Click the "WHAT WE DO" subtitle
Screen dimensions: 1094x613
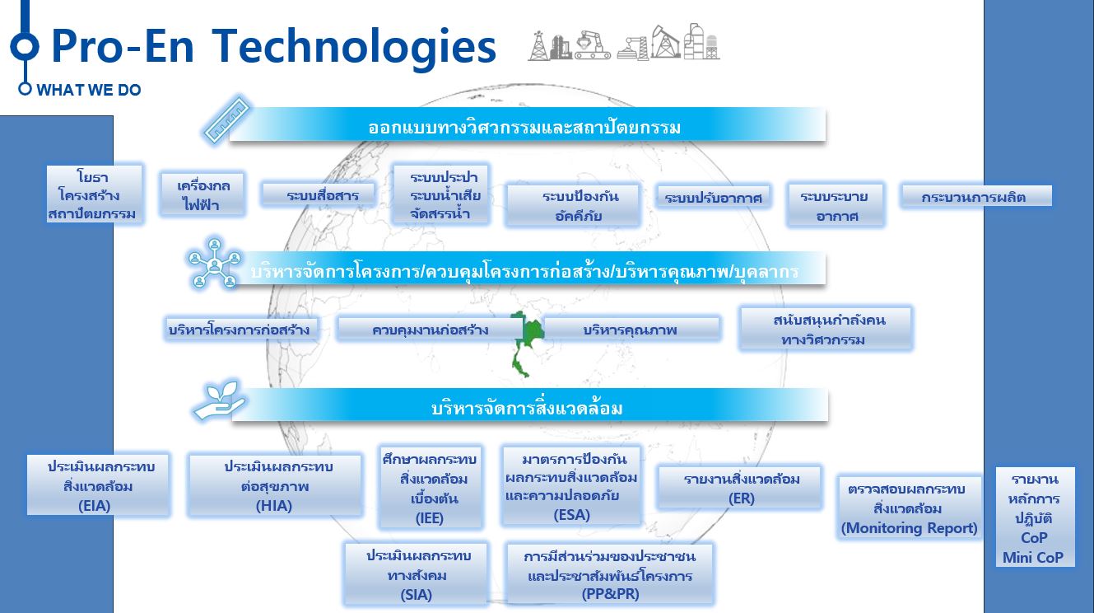point(88,90)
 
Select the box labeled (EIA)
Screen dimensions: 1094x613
point(98,485)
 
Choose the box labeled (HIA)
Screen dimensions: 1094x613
point(275,485)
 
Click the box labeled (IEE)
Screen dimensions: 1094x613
point(430,488)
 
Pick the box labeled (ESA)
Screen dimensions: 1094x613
point(571,486)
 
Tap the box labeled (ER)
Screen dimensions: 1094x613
point(740,488)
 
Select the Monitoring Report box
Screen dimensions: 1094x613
point(909,508)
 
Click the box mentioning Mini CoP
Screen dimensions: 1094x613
point(1035,517)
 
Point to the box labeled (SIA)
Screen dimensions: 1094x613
point(416,574)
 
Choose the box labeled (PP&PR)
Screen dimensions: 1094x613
point(609,575)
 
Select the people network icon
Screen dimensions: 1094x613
point(215,263)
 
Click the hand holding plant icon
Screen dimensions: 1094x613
point(220,401)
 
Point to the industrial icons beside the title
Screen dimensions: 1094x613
point(624,43)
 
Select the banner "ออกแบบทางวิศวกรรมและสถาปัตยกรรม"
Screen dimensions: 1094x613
point(528,125)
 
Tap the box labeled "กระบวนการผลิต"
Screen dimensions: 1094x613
point(975,197)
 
